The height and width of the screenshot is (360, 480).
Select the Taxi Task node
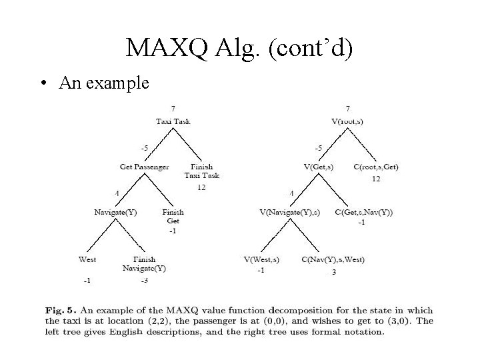(x=173, y=121)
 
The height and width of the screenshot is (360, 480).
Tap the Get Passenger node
(x=144, y=166)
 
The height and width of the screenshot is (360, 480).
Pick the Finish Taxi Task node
(x=202, y=171)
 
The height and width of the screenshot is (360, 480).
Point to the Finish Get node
(x=173, y=216)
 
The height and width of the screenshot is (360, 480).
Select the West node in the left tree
(x=87, y=259)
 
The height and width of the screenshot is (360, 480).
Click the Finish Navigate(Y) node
(x=144, y=263)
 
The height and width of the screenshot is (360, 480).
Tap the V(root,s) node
(x=347, y=121)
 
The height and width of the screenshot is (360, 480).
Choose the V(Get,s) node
(x=319, y=166)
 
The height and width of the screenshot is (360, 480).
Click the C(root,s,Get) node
(x=376, y=166)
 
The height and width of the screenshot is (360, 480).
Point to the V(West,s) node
(x=261, y=259)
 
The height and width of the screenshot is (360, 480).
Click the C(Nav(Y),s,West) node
(x=333, y=259)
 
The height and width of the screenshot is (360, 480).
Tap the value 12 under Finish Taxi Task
(x=201, y=188)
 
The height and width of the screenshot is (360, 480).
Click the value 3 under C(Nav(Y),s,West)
(x=333, y=272)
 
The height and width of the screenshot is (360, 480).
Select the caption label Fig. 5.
(x=59, y=310)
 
